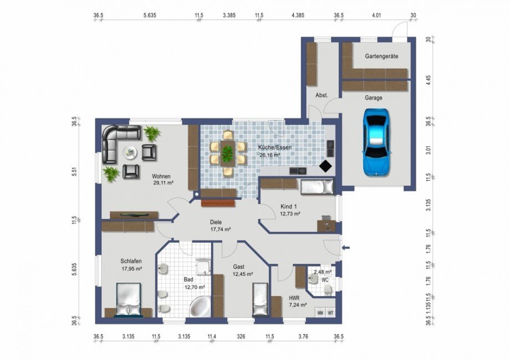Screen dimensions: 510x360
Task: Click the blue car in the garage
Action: pyautogui.click(x=376, y=142)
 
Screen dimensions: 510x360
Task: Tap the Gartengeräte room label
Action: pyautogui.click(x=381, y=56)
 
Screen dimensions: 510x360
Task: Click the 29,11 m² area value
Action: pyautogui.click(x=163, y=183)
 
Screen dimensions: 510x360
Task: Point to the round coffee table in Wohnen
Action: pyautogui.click(x=130, y=152)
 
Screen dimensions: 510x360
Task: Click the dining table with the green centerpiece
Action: pyautogui.click(x=227, y=153)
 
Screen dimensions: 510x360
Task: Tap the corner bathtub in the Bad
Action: pyautogui.click(x=200, y=307)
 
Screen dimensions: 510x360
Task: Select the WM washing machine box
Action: pyautogui.click(x=320, y=313)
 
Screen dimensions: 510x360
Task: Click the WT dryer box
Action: pyautogui.click(x=330, y=313)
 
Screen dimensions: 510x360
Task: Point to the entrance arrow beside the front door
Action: pyautogui.click(x=346, y=248)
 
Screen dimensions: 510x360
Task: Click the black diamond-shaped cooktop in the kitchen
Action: pyautogui.click(x=325, y=166)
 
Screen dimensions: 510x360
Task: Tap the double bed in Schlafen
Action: pyautogui.click(x=128, y=300)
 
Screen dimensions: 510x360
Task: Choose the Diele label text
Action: pyautogui.click(x=216, y=222)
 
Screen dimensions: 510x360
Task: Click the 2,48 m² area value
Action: pyautogui.click(x=323, y=271)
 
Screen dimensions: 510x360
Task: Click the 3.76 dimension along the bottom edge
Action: pyautogui.click(x=303, y=337)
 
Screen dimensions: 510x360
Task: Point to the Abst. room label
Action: pyautogui.click(x=322, y=95)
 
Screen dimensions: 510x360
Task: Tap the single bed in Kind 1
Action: pyautogui.click(x=317, y=187)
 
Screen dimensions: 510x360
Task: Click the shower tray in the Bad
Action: pyautogui.click(x=203, y=267)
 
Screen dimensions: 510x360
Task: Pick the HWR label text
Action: pyautogui.click(x=294, y=298)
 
